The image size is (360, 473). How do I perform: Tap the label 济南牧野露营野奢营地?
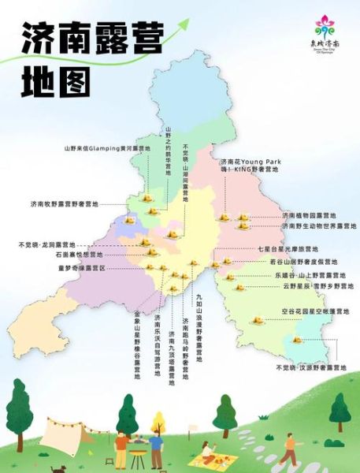coord(65,204)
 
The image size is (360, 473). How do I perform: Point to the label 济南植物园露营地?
coord(309,215)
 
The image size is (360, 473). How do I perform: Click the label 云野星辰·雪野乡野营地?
coord(318,287)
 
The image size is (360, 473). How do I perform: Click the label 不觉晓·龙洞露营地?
coord(46,244)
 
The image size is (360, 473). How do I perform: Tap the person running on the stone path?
coord(290,450)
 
